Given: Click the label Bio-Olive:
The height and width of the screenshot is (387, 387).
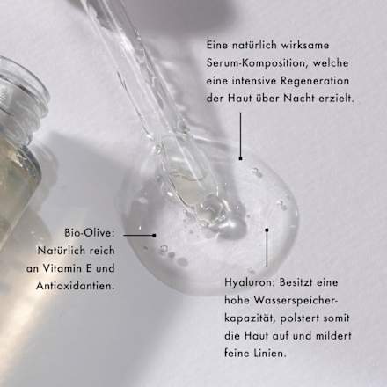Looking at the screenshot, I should tap(91, 234).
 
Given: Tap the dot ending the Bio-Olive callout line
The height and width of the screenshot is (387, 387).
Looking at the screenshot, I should tap(156, 235).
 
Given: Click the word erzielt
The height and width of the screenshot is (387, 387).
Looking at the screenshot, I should tap(336, 99).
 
